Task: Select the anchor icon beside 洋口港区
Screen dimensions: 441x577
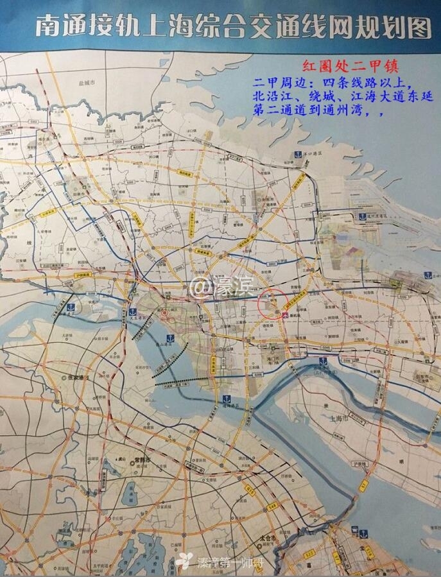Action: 297,154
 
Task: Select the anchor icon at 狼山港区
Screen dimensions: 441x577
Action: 226,400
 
